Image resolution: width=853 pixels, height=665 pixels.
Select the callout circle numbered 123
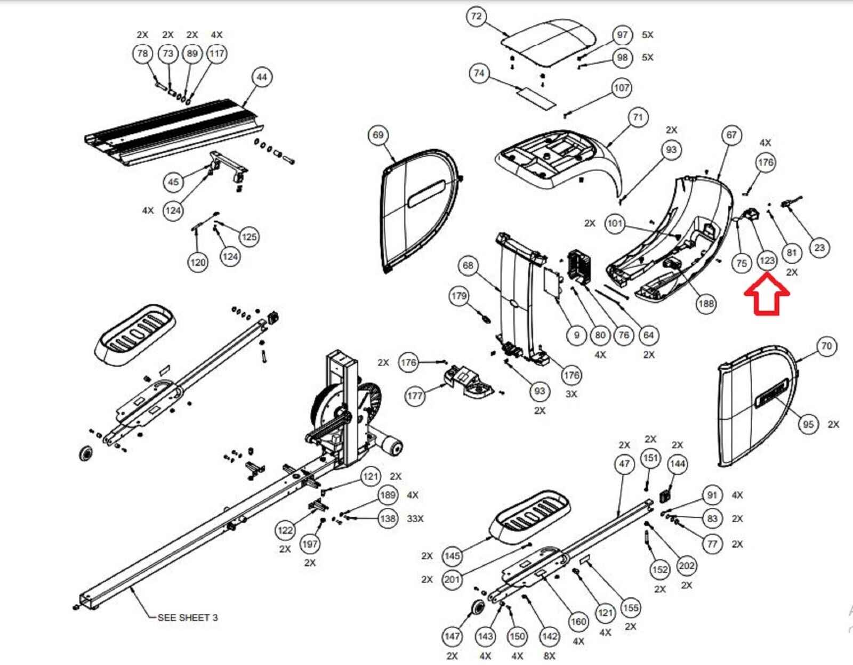[x=767, y=261]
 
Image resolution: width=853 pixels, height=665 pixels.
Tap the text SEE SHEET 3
[x=187, y=618]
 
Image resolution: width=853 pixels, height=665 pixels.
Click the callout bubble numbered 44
[x=261, y=77]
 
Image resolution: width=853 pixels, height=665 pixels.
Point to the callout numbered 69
[x=378, y=135]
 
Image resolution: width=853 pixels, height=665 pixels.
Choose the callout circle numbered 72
[x=476, y=17]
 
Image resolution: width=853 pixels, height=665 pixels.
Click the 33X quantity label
[x=415, y=518]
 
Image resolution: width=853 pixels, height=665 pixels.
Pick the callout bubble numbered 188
[x=706, y=304]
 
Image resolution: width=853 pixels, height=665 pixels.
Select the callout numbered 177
[x=415, y=396]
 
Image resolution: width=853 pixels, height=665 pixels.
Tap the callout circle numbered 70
[x=826, y=346]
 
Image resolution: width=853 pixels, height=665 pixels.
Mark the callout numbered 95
[x=808, y=424]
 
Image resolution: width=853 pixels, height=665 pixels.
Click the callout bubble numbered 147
[x=452, y=636]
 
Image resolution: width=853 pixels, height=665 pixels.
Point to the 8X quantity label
[x=549, y=656]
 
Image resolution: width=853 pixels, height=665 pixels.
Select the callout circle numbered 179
[x=459, y=296]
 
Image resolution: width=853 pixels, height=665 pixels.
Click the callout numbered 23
[x=819, y=247]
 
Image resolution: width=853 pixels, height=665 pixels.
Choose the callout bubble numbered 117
[x=216, y=53]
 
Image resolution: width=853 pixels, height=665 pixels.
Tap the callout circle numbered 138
[x=388, y=518]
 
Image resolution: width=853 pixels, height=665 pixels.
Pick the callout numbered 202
[x=686, y=565]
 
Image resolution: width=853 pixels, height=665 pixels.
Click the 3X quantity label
[x=571, y=394]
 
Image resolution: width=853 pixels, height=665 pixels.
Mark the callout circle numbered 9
[x=576, y=335]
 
